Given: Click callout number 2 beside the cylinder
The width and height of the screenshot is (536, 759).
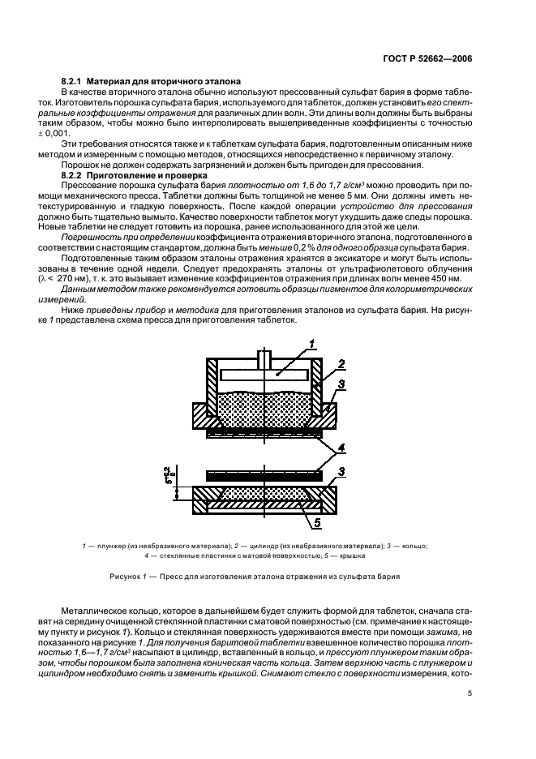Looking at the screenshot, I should (341, 363).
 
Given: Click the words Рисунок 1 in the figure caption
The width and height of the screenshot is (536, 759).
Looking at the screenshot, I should (129, 577).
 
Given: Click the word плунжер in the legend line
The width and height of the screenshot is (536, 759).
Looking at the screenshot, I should (108, 547).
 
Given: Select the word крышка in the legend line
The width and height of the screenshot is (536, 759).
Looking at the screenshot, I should (350, 556).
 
